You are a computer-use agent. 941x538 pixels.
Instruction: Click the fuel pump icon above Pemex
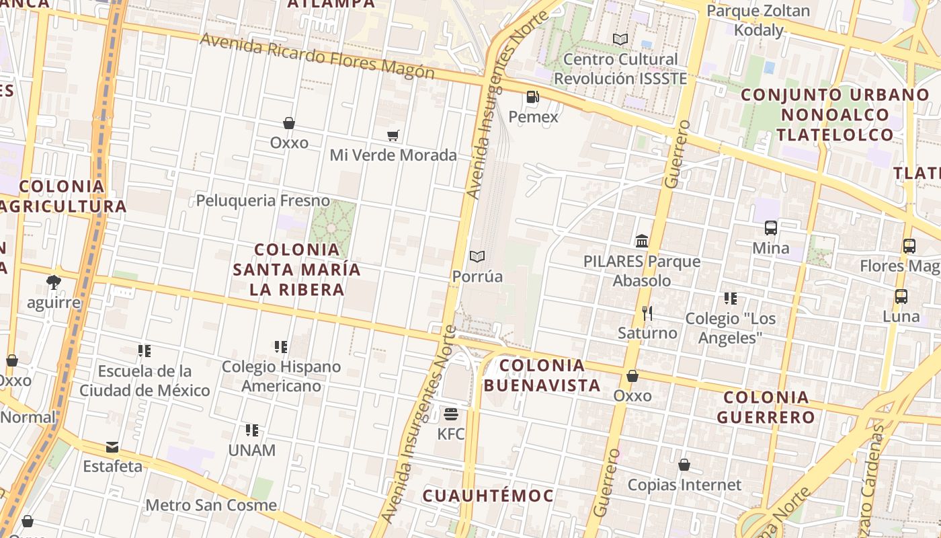click(532, 98)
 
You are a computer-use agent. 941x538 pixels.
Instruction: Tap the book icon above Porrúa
click(477, 257)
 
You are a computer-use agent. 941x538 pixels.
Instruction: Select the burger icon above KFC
click(450, 412)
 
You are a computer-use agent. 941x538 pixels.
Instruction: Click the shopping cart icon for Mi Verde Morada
click(393, 136)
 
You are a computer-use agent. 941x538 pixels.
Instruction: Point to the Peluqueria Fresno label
click(263, 200)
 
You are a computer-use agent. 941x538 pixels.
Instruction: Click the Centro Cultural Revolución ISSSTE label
click(620, 69)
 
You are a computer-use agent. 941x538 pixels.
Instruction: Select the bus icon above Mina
click(771, 228)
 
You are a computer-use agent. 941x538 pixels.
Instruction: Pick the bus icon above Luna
click(901, 296)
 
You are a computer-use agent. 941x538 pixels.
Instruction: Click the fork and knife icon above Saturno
click(647, 313)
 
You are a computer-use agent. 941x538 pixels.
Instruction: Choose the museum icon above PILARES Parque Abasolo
click(642, 241)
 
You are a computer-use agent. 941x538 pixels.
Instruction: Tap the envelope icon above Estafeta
click(112, 447)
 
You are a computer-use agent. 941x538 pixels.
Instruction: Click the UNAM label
click(252, 450)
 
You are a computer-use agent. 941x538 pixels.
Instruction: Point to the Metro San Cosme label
click(211, 505)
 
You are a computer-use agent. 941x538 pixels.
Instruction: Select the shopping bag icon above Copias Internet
click(684, 465)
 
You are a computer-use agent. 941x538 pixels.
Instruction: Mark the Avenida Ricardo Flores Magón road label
click(317, 56)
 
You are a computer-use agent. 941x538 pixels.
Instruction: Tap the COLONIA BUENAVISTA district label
click(542, 375)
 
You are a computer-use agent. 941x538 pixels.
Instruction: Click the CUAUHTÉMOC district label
click(488, 496)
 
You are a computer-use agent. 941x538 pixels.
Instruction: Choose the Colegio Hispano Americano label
click(282, 377)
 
